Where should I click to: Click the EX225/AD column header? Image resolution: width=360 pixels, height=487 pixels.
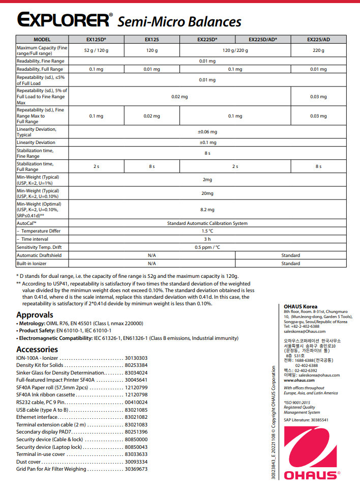coord(318,39)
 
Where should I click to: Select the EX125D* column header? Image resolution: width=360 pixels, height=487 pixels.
coord(96,39)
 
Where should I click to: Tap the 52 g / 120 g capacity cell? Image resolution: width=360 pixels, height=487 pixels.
coord(96,50)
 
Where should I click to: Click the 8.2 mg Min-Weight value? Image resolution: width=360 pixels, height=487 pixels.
coord(207,209)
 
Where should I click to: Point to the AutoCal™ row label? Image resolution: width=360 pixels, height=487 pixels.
coord(26,223)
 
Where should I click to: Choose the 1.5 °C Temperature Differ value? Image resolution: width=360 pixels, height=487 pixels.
coord(207,231)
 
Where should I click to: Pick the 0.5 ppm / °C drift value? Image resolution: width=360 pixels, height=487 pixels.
coord(207,247)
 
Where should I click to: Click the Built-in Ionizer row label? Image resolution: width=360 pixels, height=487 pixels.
coord(33,264)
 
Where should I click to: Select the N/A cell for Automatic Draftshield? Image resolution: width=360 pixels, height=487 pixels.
coord(152,255)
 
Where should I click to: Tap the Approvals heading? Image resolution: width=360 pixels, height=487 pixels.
coord(35,314)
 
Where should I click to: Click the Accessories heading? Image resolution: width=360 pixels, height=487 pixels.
coord(37,349)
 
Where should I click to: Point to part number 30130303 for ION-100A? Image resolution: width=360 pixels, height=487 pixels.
coord(136,358)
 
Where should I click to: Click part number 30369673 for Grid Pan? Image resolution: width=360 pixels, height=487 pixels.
coord(136,469)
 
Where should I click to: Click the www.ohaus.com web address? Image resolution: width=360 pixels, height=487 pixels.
coord(299,380)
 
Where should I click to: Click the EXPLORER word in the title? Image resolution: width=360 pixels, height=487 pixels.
coord(63,20)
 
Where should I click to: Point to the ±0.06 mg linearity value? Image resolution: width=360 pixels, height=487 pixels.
coord(207,132)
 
